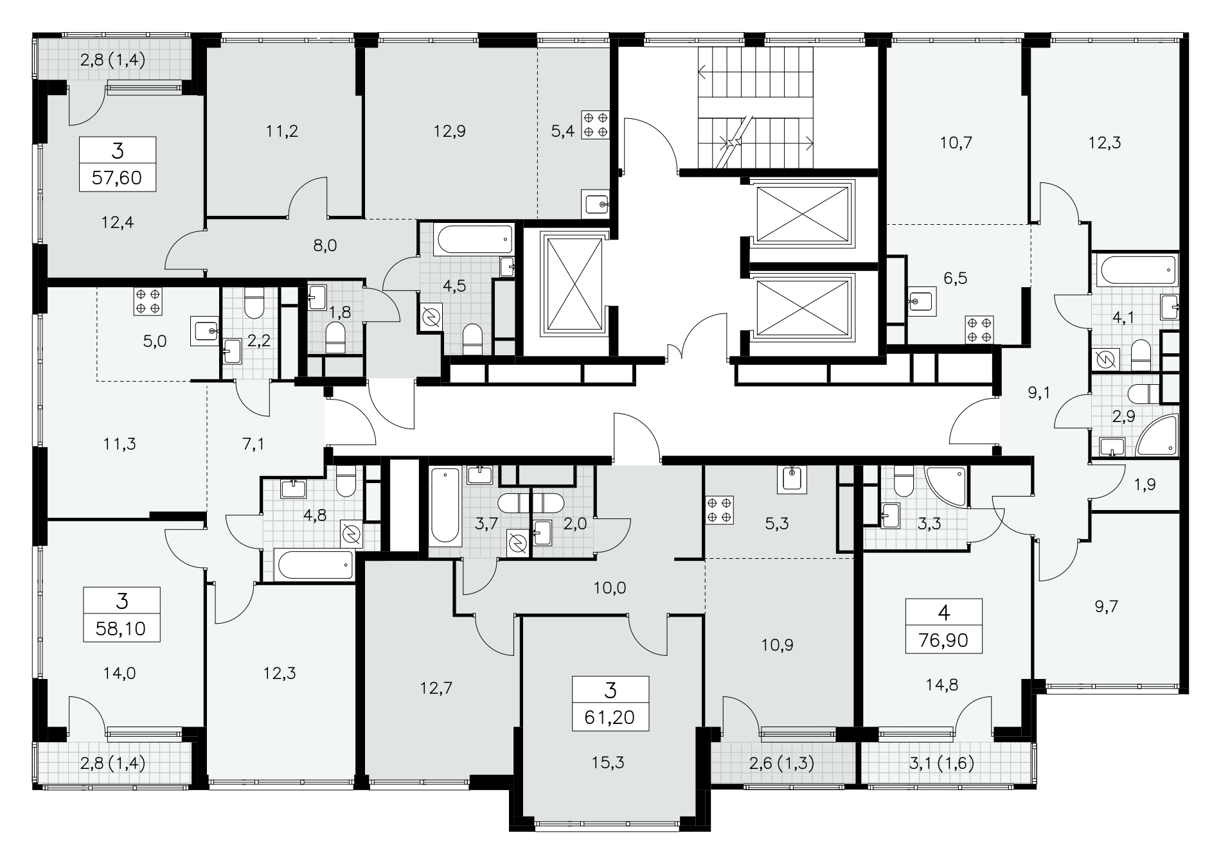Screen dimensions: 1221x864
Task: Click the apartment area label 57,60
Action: pyautogui.click(x=117, y=177)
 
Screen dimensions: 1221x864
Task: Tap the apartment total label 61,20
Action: pyautogui.click(x=610, y=717)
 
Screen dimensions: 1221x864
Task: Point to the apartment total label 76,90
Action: pyautogui.click(x=943, y=639)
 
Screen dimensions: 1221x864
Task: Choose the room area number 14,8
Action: pyautogui.click(x=943, y=685)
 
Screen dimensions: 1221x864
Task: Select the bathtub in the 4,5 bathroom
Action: pyautogui.click(x=475, y=240)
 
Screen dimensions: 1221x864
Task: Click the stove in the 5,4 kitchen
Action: pyautogui.click(x=595, y=125)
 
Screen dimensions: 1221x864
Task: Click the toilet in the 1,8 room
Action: pyautogui.click(x=335, y=338)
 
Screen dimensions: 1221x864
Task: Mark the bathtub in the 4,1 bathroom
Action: pyautogui.click(x=1138, y=271)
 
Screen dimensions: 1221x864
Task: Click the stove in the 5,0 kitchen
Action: pyautogui.click(x=148, y=302)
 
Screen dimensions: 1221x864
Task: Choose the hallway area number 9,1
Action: pyautogui.click(x=1038, y=392)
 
